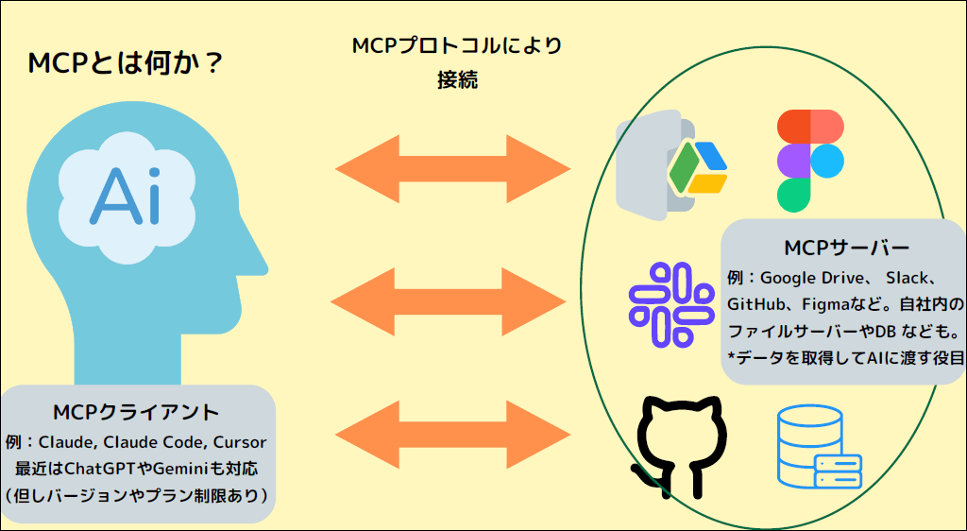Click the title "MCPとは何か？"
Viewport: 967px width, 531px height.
(x=126, y=63)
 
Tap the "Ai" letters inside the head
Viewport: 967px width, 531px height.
(x=126, y=197)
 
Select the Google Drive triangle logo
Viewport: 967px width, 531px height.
(x=698, y=168)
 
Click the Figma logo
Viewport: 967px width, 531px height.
(x=810, y=161)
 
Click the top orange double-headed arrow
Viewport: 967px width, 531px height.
(x=452, y=168)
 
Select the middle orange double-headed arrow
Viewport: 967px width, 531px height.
(x=449, y=301)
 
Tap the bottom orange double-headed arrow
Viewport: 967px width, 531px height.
(x=452, y=435)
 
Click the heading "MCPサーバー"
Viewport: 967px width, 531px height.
(x=847, y=248)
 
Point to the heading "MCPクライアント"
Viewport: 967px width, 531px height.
(x=136, y=412)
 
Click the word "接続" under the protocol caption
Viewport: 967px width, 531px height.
(x=458, y=80)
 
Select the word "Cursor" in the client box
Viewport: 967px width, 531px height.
(x=241, y=443)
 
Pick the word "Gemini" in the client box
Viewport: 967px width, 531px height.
(x=181, y=469)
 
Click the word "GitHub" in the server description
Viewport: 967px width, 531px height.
(x=755, y=304)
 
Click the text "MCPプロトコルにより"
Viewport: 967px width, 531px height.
(x=457, y=46)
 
